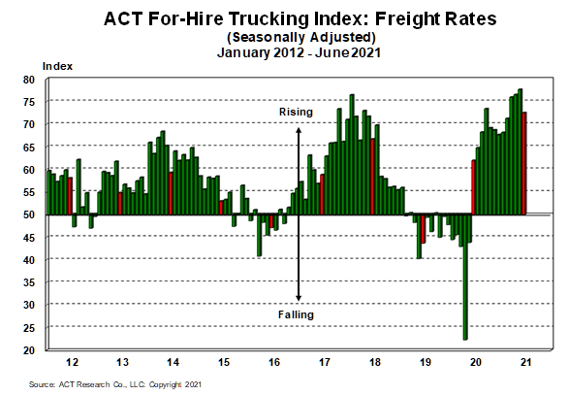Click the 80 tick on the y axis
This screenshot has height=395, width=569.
pos(30,80)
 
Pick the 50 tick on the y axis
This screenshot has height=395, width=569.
pos(30,214)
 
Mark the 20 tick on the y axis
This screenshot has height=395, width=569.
pos(30,349)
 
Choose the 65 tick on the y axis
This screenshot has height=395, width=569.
pos(30,147)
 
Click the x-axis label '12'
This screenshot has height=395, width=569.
pos(72,361)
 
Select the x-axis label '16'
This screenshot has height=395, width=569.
pos(273,361)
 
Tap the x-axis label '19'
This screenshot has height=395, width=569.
pos(425,361)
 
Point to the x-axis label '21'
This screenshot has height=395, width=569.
pos(525,361)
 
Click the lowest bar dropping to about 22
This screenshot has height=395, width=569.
pos(465,291)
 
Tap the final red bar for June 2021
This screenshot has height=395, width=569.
pos(524,165)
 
